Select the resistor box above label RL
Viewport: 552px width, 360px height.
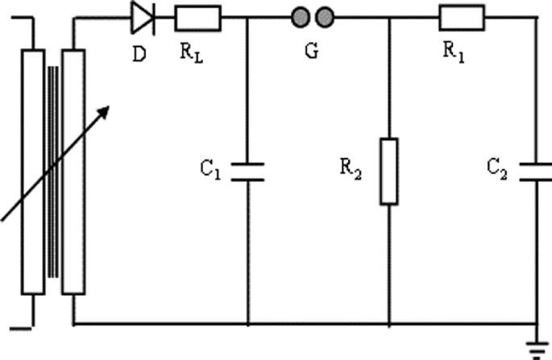(193, 17)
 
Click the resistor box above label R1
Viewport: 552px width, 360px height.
(461, 17)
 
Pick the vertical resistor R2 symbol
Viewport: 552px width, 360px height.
(389, 171)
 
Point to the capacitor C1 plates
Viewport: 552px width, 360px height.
(247, 171)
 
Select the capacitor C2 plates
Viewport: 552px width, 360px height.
(530, 171)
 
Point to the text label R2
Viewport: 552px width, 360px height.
(351, 170)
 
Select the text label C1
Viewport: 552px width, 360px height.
(212, 170)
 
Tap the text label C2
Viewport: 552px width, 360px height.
(496, 170)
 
